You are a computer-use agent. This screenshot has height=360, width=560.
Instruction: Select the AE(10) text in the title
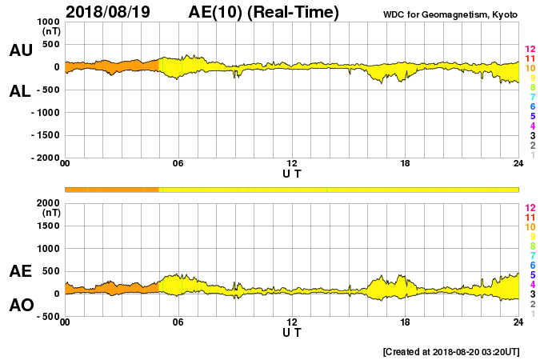[x=216, y=12]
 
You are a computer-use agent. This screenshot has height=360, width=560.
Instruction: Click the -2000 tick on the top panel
[x=45, y=158]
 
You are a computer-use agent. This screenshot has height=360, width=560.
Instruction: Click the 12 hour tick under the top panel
[x=292, y=164]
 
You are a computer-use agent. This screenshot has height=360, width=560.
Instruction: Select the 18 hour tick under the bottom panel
[x=406, y=322]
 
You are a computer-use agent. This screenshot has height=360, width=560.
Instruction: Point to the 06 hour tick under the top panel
[x=178, y=164]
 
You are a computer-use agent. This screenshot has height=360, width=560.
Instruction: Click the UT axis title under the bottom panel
[x=292, y=333]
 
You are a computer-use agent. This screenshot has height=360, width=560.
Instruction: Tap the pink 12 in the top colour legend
[x=529, y=50]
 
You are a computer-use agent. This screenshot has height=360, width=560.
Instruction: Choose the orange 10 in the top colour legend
[x=529, y=68]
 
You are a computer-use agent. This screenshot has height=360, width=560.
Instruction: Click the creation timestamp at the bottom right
[x=452, y=351]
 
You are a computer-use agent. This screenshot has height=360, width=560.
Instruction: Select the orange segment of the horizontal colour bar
[x=112, y=189]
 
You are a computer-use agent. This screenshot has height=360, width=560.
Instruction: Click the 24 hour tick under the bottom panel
[x=518, y=322]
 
